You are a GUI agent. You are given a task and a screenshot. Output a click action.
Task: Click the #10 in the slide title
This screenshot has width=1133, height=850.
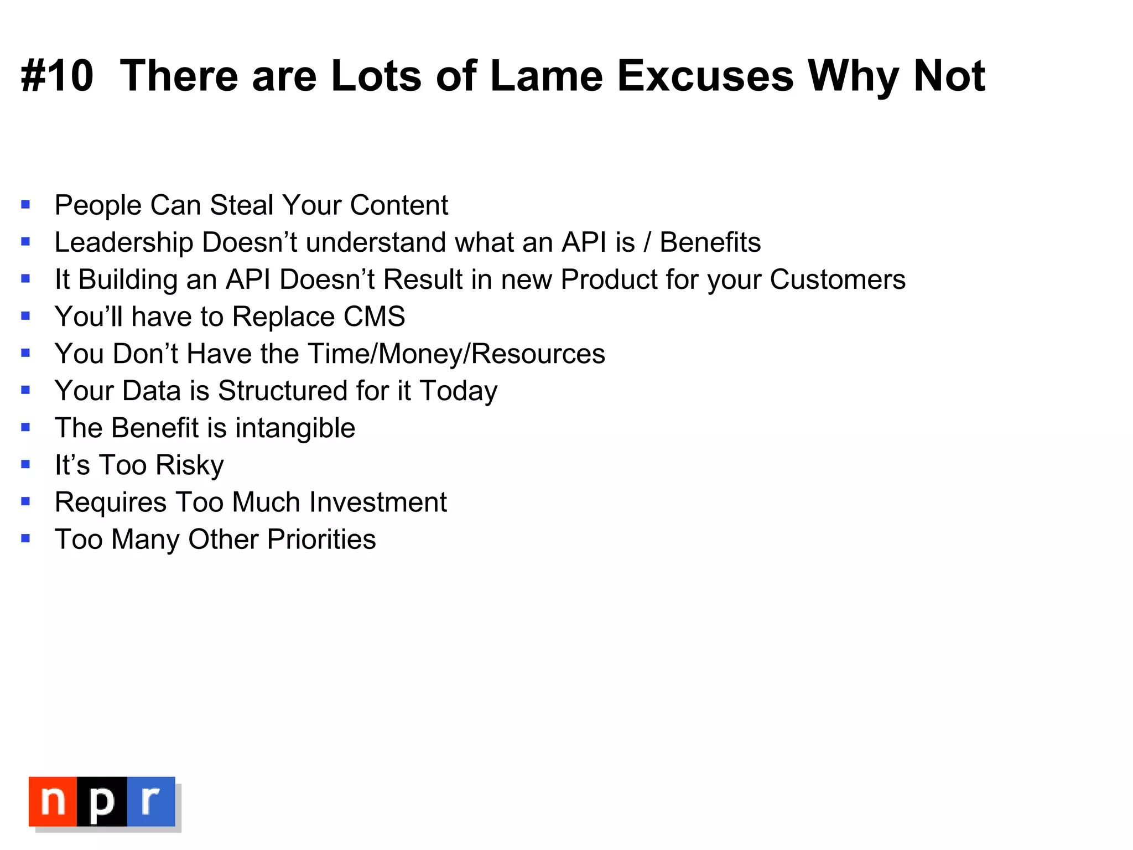coord(57,76)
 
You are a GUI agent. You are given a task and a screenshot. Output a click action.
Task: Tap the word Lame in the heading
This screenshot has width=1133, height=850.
coord(546,76)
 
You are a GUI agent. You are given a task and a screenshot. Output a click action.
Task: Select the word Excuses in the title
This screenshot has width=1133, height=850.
coord(705,76)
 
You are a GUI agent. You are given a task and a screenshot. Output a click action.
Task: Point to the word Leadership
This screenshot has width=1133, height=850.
coord(124,242)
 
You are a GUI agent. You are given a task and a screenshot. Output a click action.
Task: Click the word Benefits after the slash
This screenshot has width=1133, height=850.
coord(710,242)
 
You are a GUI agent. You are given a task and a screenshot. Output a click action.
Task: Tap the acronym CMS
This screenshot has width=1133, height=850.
coord(374,317)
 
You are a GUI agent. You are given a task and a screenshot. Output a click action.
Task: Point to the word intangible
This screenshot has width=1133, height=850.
coord(295,428)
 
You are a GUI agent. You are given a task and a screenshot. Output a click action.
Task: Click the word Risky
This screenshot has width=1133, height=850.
coord(189,465)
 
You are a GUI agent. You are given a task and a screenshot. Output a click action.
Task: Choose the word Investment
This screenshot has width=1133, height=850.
coord(378,502)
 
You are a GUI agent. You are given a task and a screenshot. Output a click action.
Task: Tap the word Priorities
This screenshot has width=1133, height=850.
coord(321,539)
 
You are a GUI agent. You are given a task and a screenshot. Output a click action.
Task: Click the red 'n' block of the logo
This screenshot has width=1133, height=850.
coord(53,801)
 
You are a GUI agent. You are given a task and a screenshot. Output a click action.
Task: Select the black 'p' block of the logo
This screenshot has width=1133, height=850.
coord(102,801)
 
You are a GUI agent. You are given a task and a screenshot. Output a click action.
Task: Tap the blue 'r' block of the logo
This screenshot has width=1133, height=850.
coord(150,801)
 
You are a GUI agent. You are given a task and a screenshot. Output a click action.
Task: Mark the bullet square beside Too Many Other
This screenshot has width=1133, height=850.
coord(25,538)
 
